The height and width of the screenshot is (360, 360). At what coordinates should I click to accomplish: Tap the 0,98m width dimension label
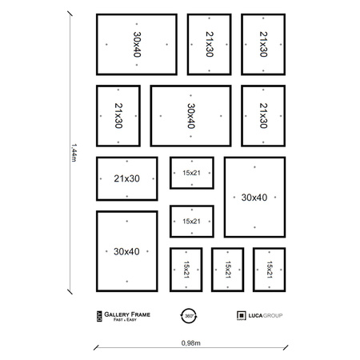pyautogui.click(x=190, y=342)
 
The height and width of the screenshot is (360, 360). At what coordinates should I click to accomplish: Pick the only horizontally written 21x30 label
pyautogui.click(x=126, y=178)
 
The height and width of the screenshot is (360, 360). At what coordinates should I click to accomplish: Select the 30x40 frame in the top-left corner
pyautogui.click(x=137, y=44)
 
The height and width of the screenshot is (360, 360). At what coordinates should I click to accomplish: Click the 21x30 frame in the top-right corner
pyautogui.click(x=265, y=44)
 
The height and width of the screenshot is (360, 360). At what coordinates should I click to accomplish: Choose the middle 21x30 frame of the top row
pyautogui.click(x=210, y=44)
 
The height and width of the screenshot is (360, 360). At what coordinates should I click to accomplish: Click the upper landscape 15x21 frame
pyautogui.click(x=191, y=172)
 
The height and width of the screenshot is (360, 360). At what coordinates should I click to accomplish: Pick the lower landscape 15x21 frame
pyautogui.click(x=191, y=222)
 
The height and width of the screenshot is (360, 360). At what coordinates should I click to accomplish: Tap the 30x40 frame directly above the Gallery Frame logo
pyautogui.click(x=126, y=251)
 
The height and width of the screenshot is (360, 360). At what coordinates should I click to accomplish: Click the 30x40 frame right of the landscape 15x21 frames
pyautogui.click(x=254, y=197)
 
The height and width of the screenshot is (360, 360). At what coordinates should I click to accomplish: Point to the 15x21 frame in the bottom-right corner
pyautogui.click(x=270, y=270)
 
